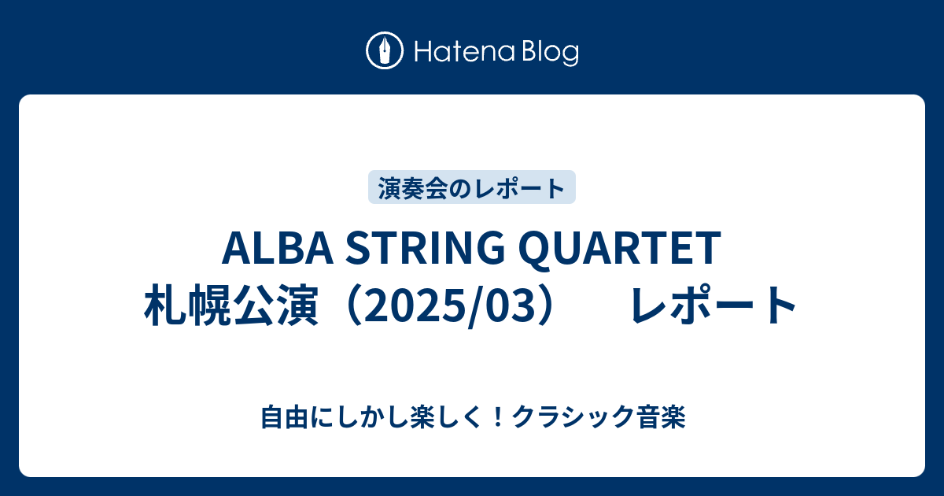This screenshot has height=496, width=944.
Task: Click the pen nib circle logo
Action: (385, 50)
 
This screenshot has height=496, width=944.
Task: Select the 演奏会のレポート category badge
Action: (471, 187)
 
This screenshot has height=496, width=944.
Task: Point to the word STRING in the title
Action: (425, 247)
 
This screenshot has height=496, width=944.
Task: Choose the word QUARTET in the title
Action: (620, 249)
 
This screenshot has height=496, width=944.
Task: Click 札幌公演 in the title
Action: (231, 305)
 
